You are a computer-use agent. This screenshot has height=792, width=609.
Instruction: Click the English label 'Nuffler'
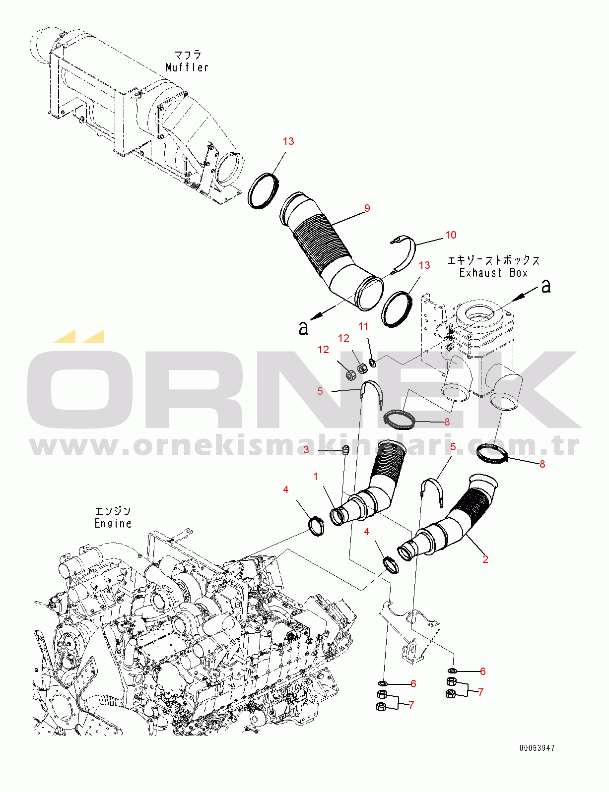187,67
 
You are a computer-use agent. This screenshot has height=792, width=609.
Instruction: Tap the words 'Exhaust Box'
493,273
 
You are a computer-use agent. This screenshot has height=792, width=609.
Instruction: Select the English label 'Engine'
113,523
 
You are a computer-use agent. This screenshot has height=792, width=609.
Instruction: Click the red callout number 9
367,208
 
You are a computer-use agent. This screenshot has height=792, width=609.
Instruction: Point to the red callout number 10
451,235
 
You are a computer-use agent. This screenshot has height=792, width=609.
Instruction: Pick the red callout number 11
364,326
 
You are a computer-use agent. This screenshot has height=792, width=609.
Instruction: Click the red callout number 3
306,450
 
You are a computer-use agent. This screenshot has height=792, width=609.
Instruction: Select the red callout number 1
316,477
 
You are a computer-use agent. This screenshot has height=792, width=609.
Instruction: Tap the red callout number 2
485,559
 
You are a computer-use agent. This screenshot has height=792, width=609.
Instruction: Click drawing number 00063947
537,748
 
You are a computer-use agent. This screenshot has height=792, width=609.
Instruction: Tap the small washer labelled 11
373,362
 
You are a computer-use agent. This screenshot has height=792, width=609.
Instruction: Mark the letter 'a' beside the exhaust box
546,286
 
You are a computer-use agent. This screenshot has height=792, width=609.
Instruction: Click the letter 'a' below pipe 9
303,327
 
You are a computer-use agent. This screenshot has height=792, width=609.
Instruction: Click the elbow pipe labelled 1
372,491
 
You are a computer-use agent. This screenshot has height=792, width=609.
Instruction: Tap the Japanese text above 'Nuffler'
187,55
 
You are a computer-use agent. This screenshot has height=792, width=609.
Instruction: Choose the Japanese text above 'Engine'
113,511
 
